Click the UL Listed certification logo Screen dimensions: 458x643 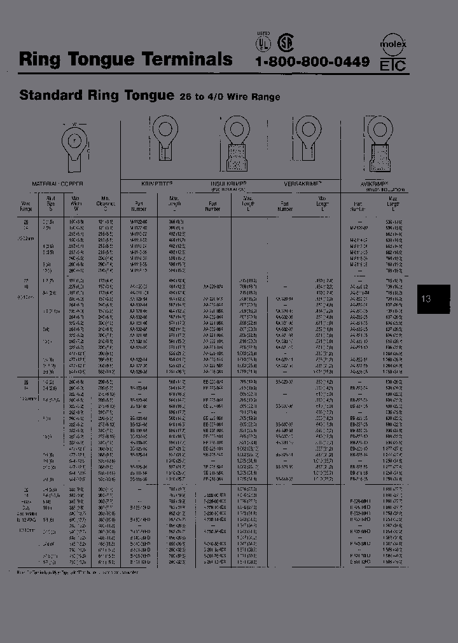262,42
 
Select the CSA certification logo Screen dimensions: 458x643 284,43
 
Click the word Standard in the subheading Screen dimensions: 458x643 52,95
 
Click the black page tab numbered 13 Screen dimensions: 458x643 426,298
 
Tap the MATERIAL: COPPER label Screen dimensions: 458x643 58,183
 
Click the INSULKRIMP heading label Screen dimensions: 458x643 228,184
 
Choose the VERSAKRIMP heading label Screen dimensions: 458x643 297,183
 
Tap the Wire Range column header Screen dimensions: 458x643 27,204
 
